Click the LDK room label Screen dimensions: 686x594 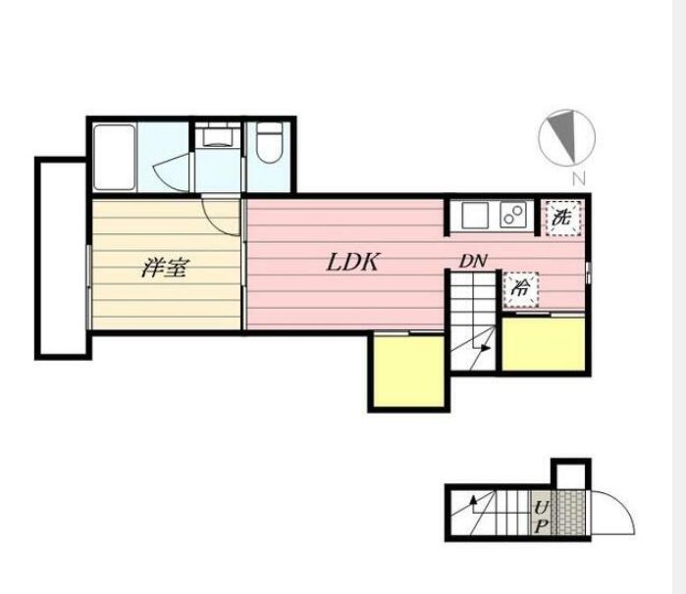click(x=352, y=263)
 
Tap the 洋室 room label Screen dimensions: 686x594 click(x=166, y=268)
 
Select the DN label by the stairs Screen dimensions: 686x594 click(x=472, y=262)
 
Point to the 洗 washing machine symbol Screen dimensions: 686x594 click(x=562, y=219)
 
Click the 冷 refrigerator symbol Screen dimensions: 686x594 click(x=520, y=289)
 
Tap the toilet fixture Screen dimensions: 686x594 click(x=270, y=142)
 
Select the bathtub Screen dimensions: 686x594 click(x=114, y=158)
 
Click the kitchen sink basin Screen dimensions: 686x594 click(x=475, y=215)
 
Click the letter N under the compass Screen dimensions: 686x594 click(x=579, y=178)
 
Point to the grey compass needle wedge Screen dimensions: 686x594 click(x=564, y=135)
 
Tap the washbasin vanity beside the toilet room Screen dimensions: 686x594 click(x=218, y=135)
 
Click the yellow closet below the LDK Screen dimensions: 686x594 click(x=409, y=371)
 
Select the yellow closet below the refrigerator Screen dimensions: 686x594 click(x=544, y=344)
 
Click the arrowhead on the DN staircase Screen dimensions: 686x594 click(x=485, y=348)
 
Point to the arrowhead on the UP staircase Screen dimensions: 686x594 click(x=472, y=500)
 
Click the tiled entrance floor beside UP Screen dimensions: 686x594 click(x=569, y=513)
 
